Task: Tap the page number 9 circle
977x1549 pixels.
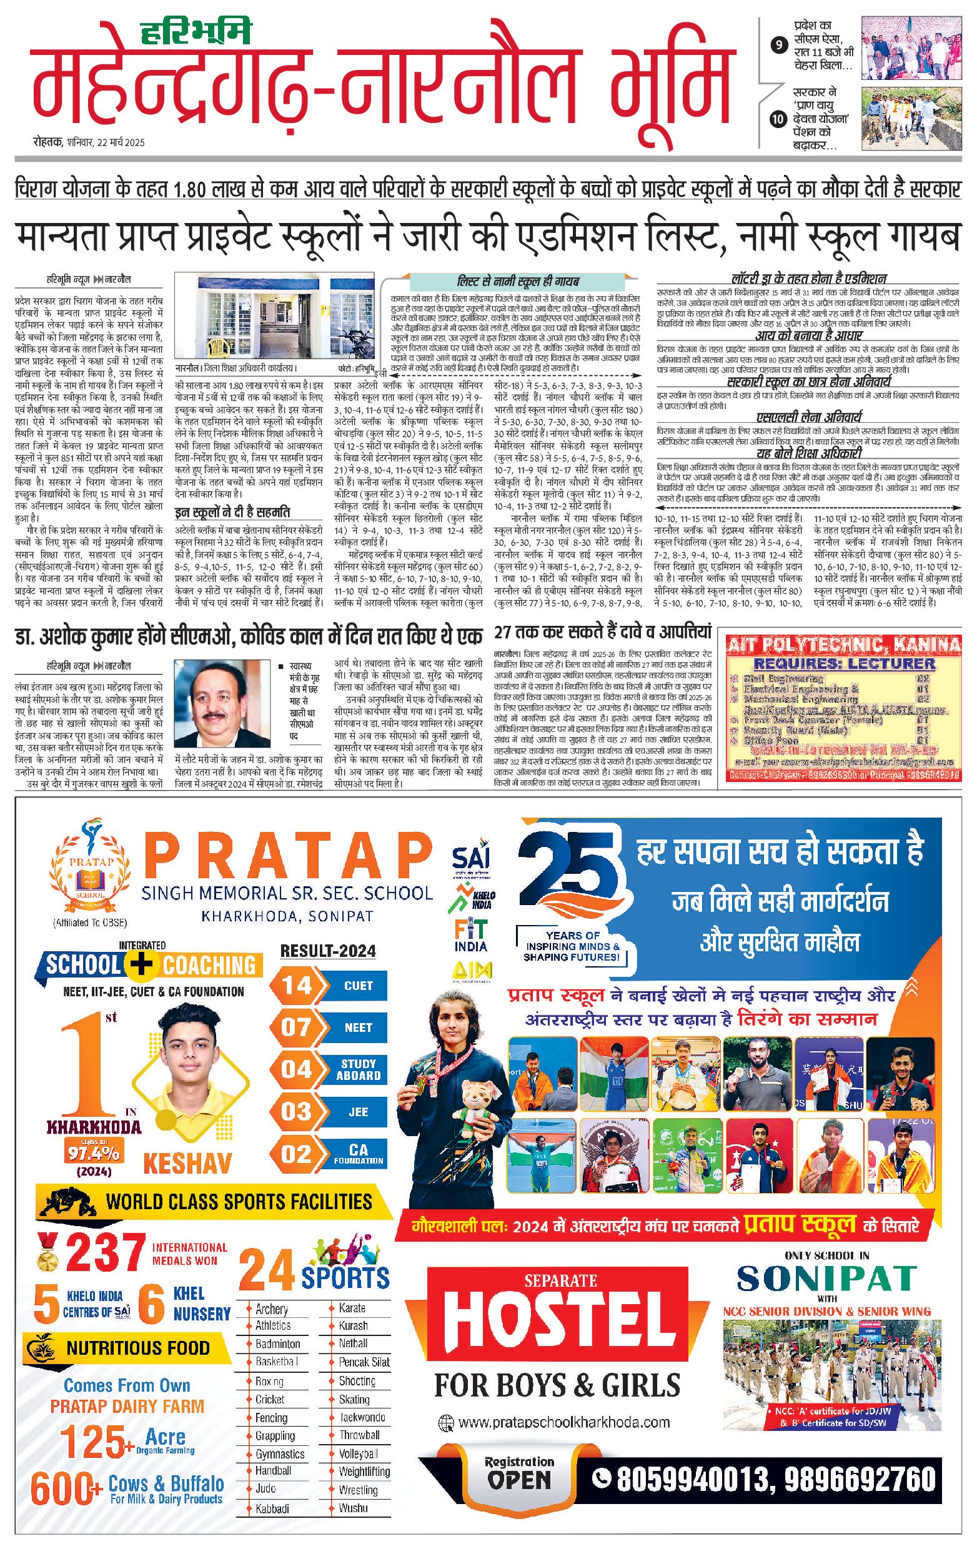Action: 779,45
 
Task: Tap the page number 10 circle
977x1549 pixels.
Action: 779,119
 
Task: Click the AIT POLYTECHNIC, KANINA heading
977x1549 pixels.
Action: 843,644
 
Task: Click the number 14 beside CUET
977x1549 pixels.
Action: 297,986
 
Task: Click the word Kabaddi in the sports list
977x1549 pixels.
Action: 272,1508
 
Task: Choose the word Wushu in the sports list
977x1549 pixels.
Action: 353,1507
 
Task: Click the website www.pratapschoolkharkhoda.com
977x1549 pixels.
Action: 564,1422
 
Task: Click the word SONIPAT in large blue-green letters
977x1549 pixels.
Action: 826,1278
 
